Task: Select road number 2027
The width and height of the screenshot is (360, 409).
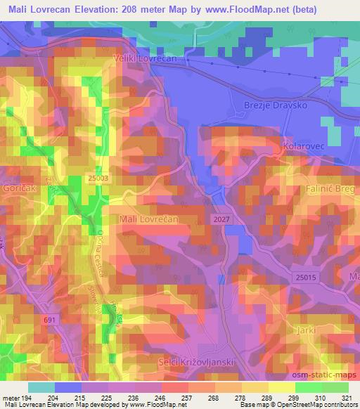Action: (219, 220)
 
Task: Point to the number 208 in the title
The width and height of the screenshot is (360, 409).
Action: (142, 10)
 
